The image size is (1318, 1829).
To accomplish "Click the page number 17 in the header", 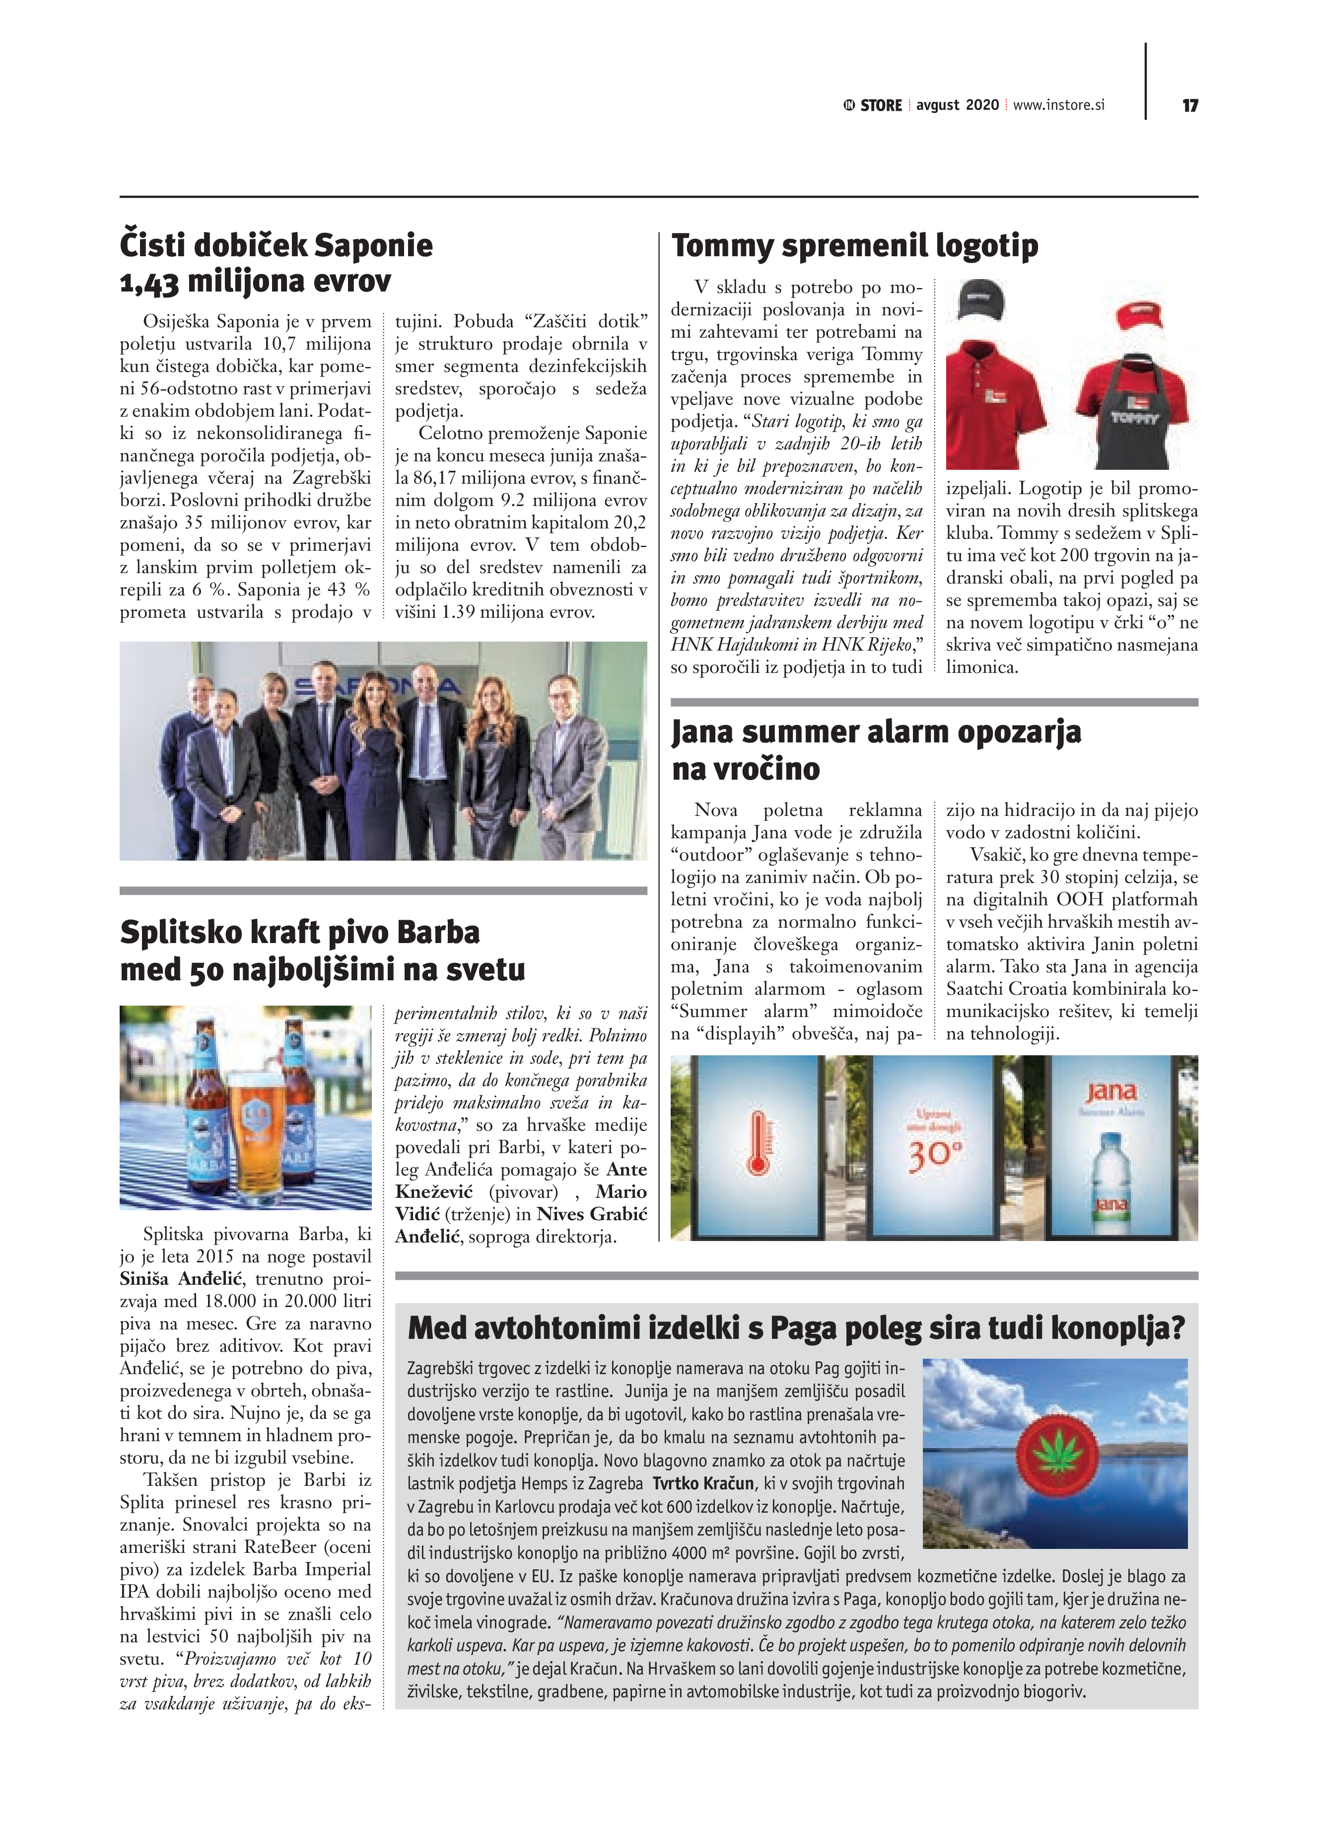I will (x=1190, y=106).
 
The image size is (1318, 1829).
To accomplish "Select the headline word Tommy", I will (x=721, y=245).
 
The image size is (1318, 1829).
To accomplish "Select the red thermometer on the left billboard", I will (x=757, y=1140).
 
